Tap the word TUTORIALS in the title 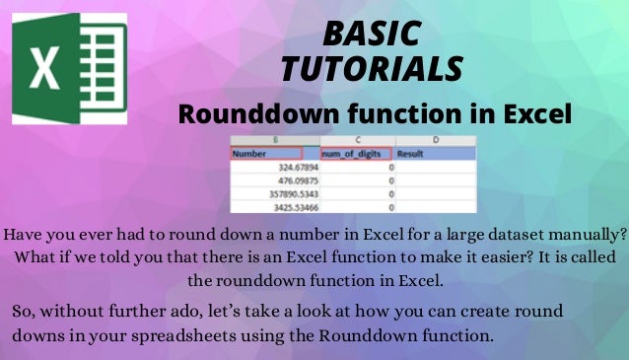click(x=372, y=68)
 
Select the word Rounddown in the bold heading click(x=267, y=113)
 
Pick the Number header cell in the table click(x=275, y=154)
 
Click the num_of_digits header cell click(x=356, y=154)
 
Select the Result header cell click(x=435, y=154)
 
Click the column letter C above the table click(x=356, y=141)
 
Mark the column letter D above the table click(x=435, y=141)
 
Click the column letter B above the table click(x=275, y=141)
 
